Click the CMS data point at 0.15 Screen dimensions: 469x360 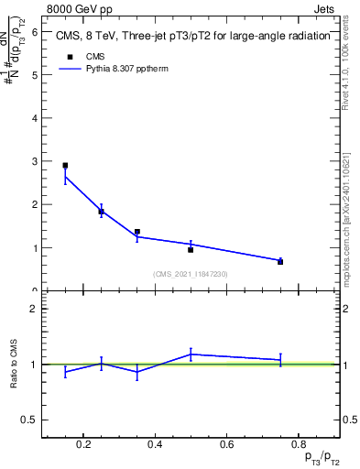[x=65, y=166]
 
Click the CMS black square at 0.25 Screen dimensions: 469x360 [x=101, y=212]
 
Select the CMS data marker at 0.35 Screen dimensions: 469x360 [x=136, y=233]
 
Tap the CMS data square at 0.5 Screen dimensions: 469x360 [x=191, y=249]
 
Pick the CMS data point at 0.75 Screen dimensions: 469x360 [x=280, y=262]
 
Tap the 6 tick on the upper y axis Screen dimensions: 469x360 [x=34, y=31]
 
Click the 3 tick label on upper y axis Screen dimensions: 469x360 [x=34, y=161]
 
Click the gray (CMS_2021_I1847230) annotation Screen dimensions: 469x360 [x=191, y=274]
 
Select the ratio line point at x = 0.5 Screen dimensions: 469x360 [x=191, y=354]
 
